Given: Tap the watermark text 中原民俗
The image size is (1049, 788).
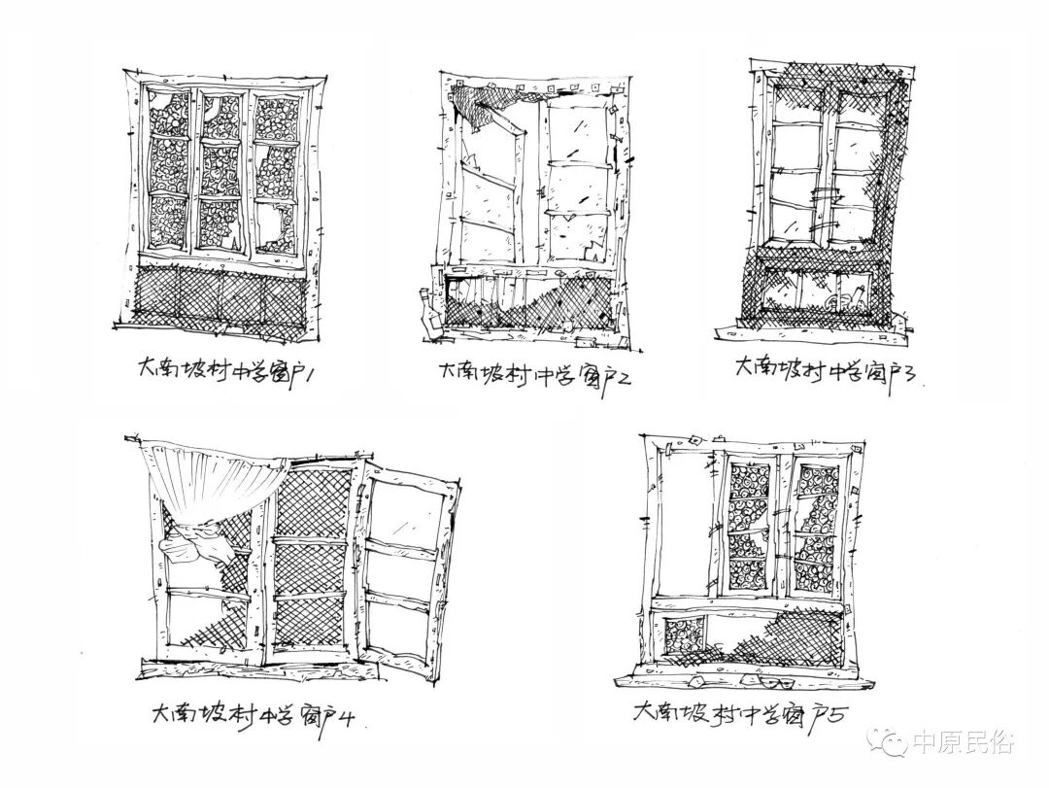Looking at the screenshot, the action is pos(963,744).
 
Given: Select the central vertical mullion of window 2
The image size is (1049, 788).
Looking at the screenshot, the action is pos(537,185).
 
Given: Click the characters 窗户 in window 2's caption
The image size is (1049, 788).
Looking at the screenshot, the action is pos(592,375).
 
